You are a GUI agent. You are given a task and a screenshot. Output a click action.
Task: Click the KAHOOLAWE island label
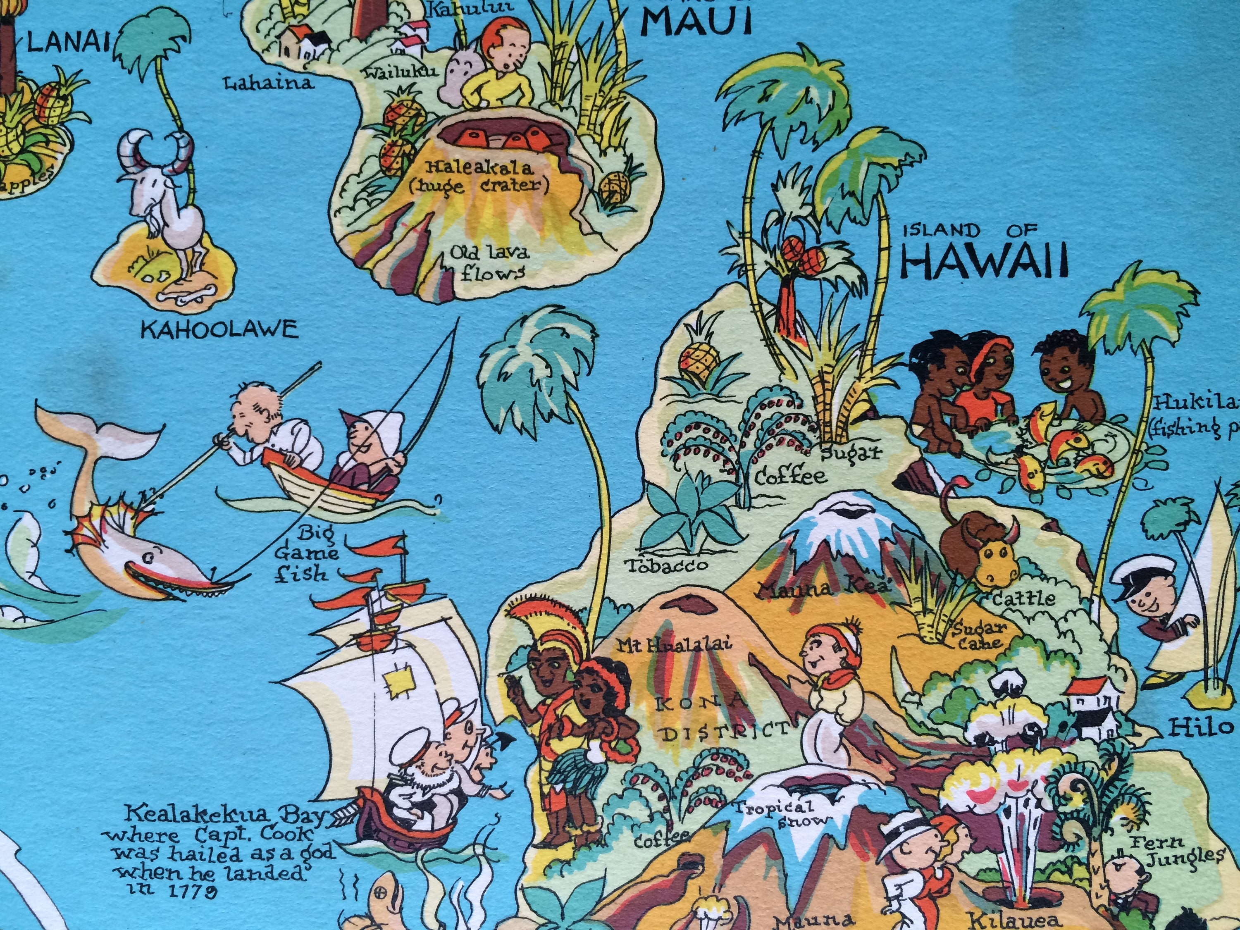(x=219, y=329)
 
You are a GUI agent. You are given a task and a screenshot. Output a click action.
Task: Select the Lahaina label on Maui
(x=268, y=84)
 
